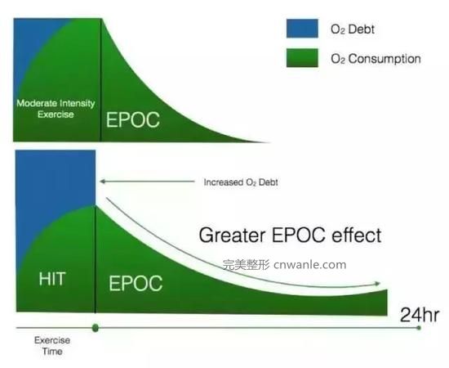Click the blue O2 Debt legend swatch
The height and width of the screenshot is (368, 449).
[302, 29]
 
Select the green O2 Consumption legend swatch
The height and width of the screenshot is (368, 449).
[302, 58]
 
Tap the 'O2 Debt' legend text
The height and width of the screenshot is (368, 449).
[353, 29]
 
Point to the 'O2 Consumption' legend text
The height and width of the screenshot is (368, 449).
[376, 59]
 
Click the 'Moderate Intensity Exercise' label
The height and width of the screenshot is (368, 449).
[56, 109]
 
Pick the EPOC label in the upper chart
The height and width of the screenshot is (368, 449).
[133, 119]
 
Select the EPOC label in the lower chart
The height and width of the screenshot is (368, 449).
[136, 283]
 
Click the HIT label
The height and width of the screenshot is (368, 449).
[52, 279]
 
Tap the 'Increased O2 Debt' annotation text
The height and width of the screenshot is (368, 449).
[241, 182]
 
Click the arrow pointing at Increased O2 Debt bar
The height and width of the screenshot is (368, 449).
[147, 182]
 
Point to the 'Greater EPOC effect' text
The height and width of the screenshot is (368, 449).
[290, 236]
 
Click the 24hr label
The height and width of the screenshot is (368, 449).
[420, 315]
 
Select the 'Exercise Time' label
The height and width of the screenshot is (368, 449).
[52, 346]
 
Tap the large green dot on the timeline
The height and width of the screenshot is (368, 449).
[96, 328]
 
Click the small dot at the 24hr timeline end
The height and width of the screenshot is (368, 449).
[419, 328]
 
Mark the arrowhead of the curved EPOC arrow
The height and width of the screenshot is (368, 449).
[377, 284]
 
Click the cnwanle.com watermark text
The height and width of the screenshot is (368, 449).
[310, 264]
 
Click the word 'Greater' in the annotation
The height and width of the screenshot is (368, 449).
[232, 236]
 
